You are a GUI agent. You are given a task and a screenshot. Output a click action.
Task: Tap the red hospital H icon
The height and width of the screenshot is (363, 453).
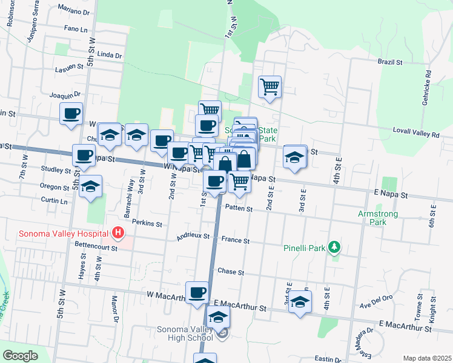[x=118, y=232]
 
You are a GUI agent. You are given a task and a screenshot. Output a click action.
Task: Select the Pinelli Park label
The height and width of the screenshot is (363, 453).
[x=303, y=247]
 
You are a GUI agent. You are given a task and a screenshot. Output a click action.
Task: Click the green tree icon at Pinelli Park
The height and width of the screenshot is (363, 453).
[x=333, y=247]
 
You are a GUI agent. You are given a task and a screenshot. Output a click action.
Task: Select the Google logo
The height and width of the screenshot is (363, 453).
[x=20, y=356]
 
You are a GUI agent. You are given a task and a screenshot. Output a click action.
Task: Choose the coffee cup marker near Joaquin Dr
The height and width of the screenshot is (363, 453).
[x=71, y=113]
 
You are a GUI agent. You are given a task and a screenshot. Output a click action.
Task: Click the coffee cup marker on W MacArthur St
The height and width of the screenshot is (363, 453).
[x=197, y=293]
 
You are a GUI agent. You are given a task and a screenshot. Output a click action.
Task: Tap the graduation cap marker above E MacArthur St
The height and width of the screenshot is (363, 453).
[x=299, y=302]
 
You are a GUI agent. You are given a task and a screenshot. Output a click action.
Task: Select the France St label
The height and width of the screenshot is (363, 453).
[x=236, y=240]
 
